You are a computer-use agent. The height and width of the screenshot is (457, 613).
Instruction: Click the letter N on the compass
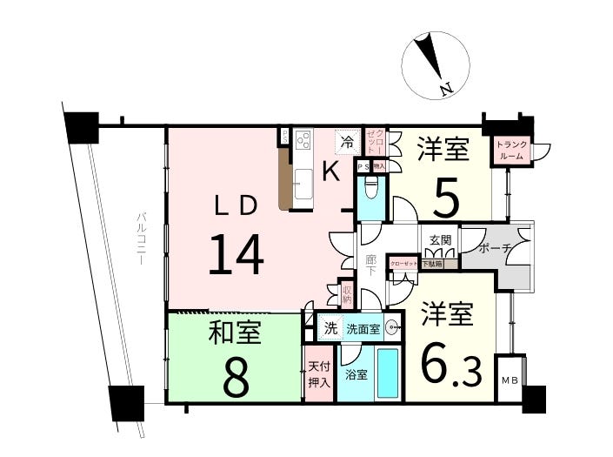click(444, 87)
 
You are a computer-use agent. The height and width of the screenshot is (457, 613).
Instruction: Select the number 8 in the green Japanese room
click(235, 375)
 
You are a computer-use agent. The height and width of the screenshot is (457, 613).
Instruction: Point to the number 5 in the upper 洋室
click(445, 199)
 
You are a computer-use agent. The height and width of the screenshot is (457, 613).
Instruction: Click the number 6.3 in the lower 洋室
click(451, 366)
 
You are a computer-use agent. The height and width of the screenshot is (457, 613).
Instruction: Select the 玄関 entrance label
click(439, 239)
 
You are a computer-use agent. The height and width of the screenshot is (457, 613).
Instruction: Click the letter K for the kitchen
click(331, 171)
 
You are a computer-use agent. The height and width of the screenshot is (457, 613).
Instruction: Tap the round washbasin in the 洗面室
click(392, 328)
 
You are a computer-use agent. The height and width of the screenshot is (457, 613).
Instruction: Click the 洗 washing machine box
click(330, 328)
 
